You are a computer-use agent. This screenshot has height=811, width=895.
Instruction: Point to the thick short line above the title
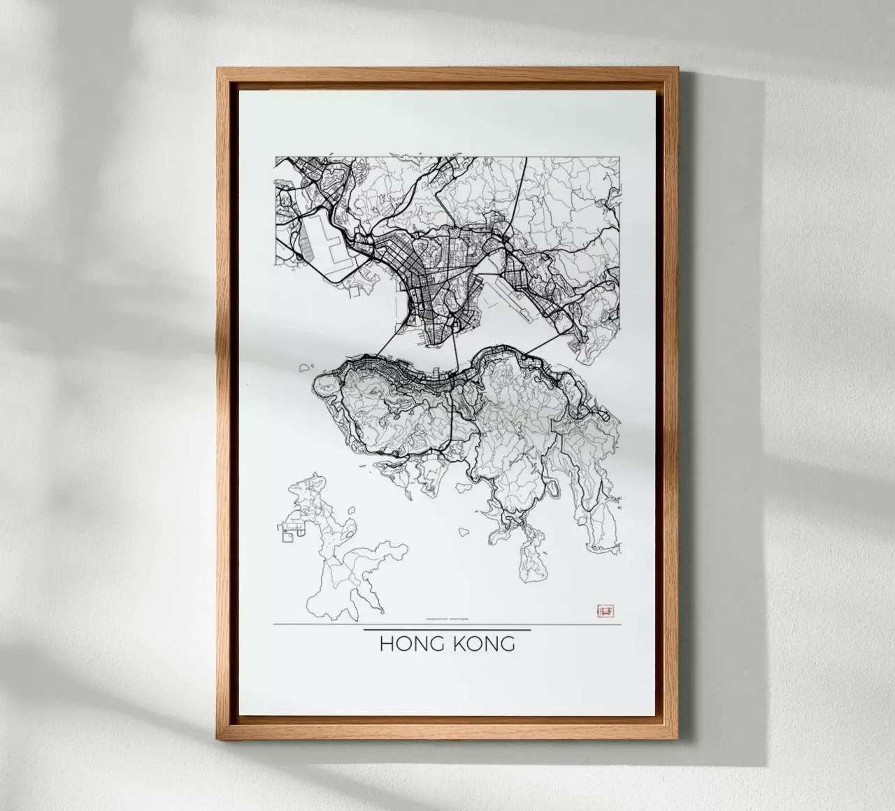click(x=447, y=631)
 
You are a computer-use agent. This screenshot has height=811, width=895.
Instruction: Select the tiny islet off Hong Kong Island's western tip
click(x=305, y=366)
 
